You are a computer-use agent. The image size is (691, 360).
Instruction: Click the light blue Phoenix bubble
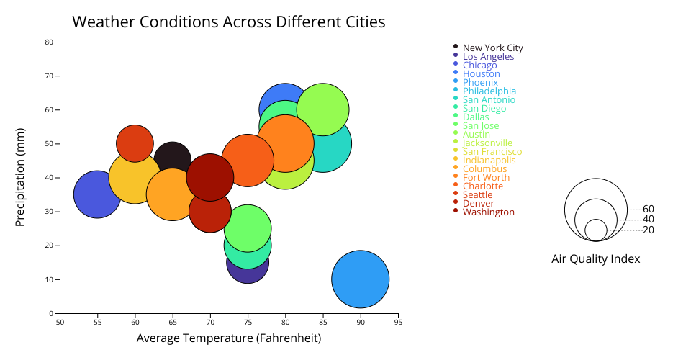point(361,279)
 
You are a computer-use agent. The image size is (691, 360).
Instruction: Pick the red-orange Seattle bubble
point(135,140)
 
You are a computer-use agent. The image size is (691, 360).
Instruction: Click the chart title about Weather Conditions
point(229,22)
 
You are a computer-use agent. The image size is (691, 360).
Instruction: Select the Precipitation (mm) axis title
point(20,177)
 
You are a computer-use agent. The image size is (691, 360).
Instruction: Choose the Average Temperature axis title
point(229,338)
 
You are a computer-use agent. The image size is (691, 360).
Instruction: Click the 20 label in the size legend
point(649,230)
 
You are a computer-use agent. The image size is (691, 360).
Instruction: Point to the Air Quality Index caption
point(595,258)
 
